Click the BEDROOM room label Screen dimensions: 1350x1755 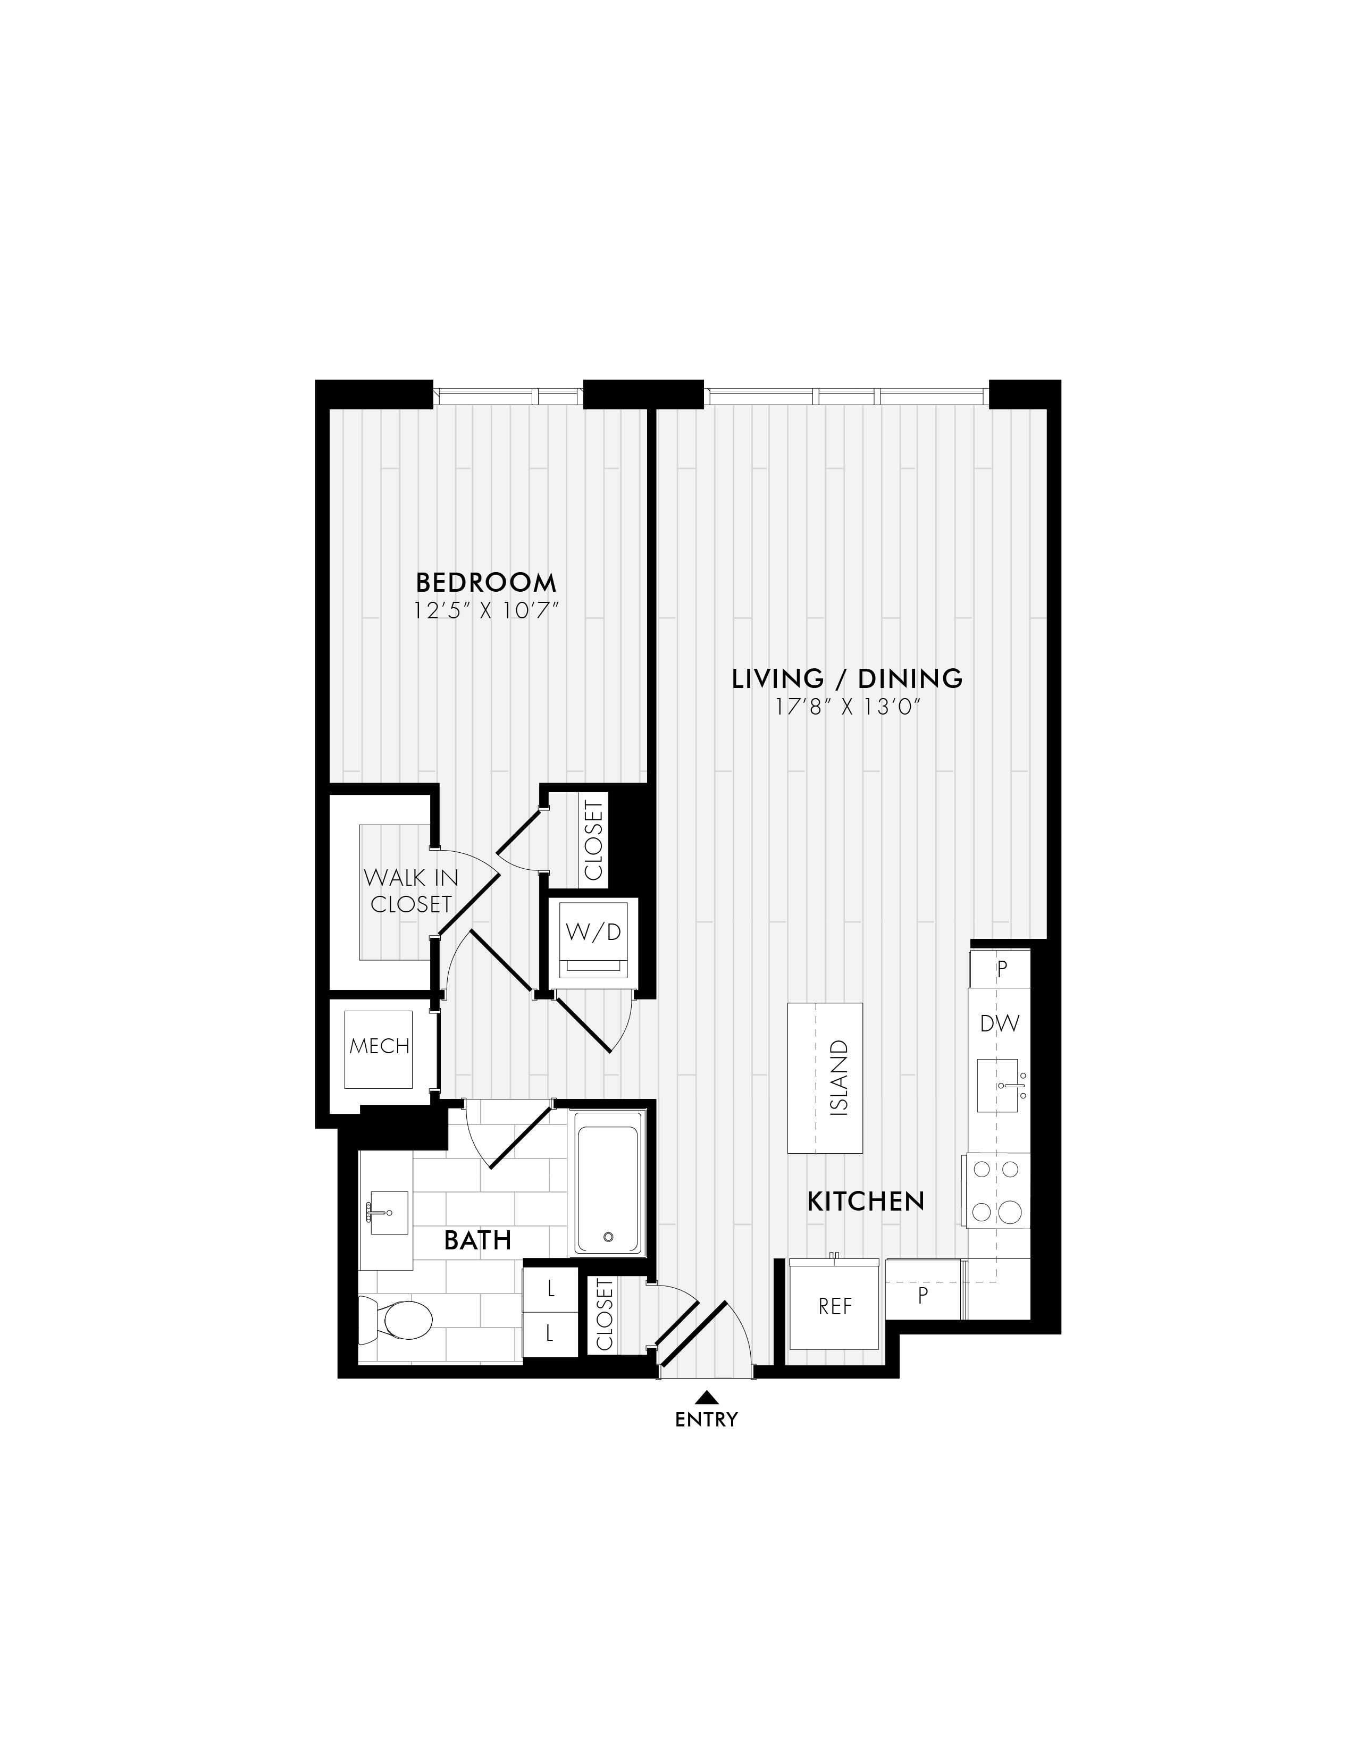[485, 582]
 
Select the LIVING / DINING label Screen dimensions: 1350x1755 [847, 679]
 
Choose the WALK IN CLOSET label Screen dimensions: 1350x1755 [410, 891]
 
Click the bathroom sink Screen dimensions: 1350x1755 [387, 1213]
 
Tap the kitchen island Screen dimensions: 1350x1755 [825, 1078]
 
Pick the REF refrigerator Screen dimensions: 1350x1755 [834, 1307]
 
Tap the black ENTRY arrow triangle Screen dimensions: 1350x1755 [706, 1397]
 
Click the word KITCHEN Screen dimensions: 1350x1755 [866, 1202]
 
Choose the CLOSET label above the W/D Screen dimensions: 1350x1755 [594, 839]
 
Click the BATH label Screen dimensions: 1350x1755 [477, 1241]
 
